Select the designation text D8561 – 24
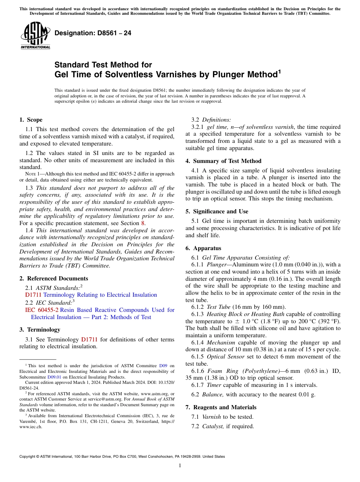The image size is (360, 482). [x=93, y=33]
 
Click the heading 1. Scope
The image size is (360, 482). [x=31, y=120]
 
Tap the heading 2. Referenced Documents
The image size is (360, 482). [x=49, y=279]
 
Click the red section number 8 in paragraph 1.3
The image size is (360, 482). [x=143, y=223]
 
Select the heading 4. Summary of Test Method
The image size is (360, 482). [x=223, y=161]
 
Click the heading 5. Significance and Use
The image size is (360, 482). [x=217, y=211]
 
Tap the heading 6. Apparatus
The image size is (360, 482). [x=203, y=249]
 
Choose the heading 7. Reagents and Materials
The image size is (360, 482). [x=221, y=407]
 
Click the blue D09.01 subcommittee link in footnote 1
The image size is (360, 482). [x=53, y=377]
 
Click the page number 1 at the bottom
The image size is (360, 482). [x=180, y=466]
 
